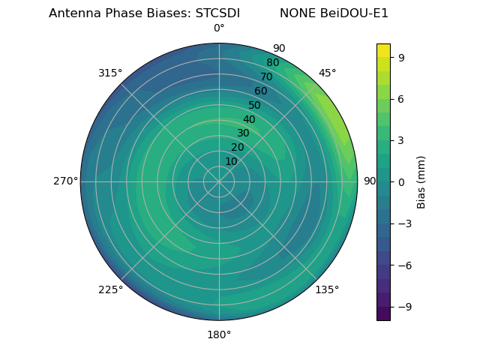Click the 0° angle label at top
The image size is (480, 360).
point(219,28)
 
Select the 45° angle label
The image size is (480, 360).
point(327,73)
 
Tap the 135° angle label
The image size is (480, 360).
point(327,289)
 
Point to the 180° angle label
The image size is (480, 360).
point(219,334)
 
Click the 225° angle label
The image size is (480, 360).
point(110,289)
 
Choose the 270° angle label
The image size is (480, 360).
point(65,181)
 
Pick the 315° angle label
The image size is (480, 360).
point(110,73)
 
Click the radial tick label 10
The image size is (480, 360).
point(231,161)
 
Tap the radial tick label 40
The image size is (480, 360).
point(249,119)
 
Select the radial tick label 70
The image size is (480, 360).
point(266,76)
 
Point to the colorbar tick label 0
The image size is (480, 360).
point(401,181)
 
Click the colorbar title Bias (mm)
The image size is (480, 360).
point(421,181)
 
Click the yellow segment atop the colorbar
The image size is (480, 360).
point(383,49)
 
